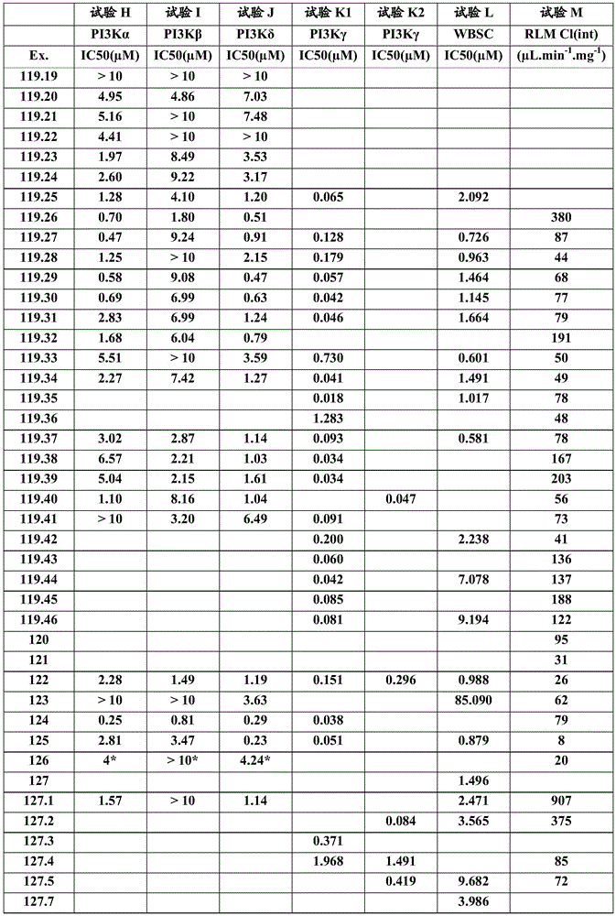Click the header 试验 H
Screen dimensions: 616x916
[107, 14]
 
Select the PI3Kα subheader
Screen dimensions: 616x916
[107, 35]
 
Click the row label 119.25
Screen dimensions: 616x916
[38, 196]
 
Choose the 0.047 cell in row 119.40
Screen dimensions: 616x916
[401, 499]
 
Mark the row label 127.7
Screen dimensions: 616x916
[38, 901]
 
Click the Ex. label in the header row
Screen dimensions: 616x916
[38, 55]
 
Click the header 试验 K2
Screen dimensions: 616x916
[401, 14]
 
